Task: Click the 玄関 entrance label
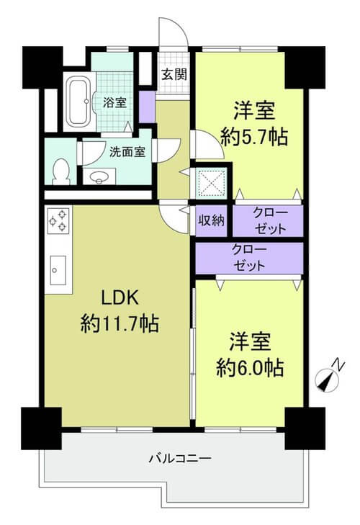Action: coord(174,75)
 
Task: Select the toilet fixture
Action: coord(61,171)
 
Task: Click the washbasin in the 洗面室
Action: coord(99,176)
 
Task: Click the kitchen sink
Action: coord(58,270)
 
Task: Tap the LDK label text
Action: coord(120,297)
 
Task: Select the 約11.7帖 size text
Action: coord(120,324)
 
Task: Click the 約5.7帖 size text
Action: coord(254,137)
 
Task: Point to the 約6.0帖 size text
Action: coord(250,367)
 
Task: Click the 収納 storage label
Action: coord(211,220)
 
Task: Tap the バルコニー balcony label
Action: coord(180,458)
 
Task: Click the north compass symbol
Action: coord(327,381)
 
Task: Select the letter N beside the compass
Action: coord(340,364)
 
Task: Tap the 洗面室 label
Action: coord(127,152)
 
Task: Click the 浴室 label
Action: coord(115,102)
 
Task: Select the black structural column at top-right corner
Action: coord(305,67)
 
